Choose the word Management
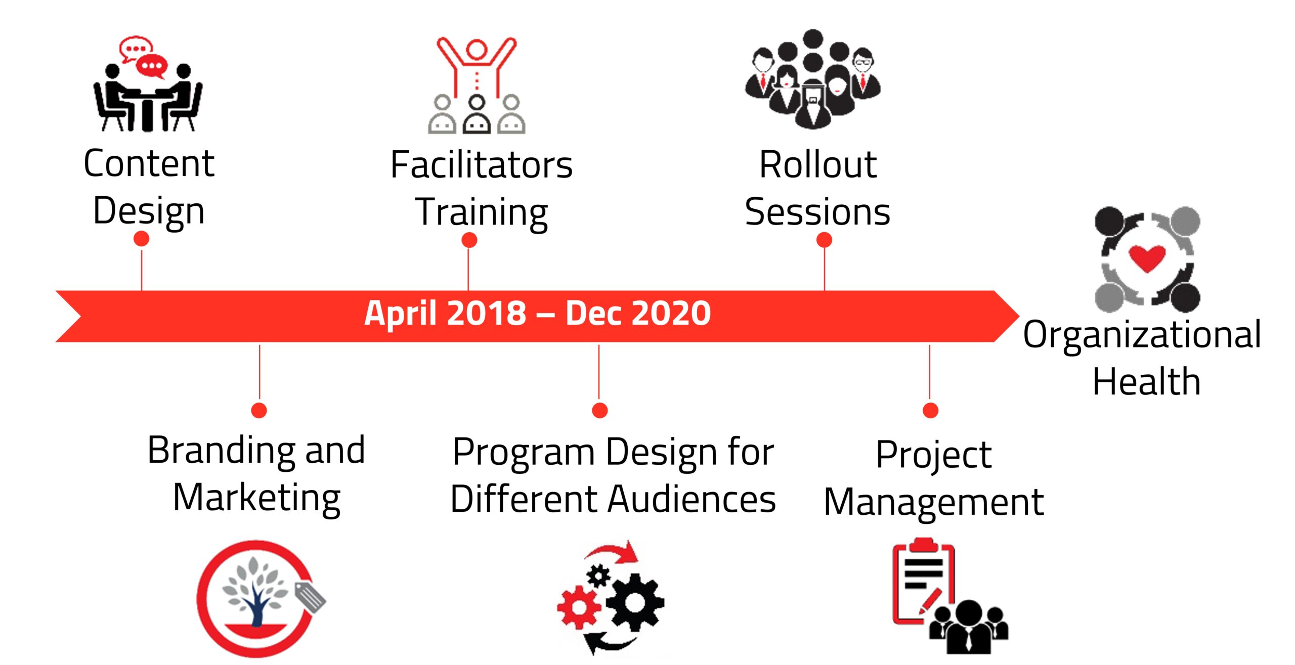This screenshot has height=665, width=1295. pos(934,503)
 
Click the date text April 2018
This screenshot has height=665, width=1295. pos(446,313)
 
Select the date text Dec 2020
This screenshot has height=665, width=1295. pos(638,313)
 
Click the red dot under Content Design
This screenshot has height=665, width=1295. pos(142,239)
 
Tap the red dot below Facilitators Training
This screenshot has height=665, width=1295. pos(469,240)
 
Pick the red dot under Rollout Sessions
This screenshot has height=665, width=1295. pos(825,240)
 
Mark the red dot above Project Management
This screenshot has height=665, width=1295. pos(930,410)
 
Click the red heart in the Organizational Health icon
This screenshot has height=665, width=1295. pos(1147,257)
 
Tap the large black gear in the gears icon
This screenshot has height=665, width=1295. pos(635,602)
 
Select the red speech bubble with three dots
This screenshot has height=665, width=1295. pos(152,66)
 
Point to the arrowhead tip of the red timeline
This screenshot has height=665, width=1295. pos(1019,316)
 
